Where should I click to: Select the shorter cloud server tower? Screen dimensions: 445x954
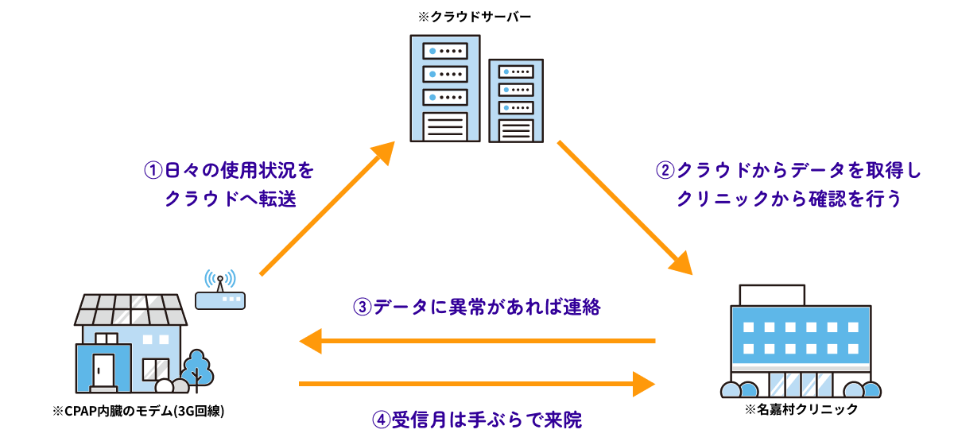pos(515,100)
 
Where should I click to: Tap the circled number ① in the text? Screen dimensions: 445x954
pos(153,171)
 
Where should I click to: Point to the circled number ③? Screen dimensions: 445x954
pos(362,307)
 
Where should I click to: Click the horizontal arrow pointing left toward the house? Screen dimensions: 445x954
pos(477,342)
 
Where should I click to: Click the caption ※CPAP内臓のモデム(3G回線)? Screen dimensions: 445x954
pos(137,412)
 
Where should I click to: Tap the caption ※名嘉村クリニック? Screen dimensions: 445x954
pos(801,410)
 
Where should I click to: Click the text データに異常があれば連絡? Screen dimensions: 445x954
pos(487,307)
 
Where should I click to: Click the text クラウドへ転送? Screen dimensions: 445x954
pos(230,199)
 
